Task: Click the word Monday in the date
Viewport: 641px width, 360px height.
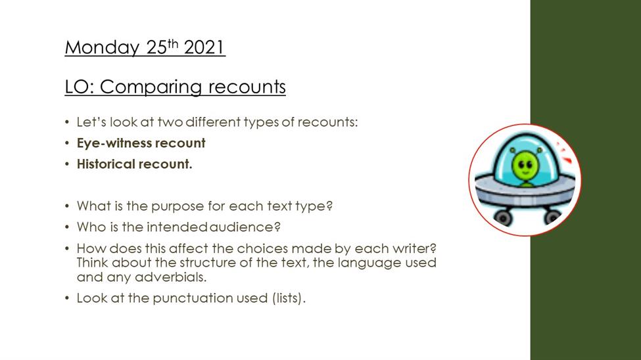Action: click(x=102, y=48)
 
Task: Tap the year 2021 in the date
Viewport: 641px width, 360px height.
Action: click(x=204, y=47)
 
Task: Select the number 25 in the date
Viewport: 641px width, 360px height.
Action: click(x=156, y=47)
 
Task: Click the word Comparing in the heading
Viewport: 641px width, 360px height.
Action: click(x=151, y=87)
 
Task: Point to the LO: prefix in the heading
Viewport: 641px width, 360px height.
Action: click(x=80, y=87)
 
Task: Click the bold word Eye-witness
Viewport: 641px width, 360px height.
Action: click(x=114, y=143)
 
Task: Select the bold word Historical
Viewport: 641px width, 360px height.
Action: click(x=105, y=164)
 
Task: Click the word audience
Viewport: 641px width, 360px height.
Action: click(x=245, y=227)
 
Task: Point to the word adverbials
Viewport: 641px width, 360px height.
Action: click(x=170, y=277)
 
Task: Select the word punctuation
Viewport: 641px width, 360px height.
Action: click(x=193, y=298)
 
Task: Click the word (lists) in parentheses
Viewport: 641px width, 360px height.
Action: click(x=288, y=298)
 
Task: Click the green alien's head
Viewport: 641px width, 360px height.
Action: click(x=525, y=165)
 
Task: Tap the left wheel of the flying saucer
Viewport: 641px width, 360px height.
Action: click(x=503, y=217)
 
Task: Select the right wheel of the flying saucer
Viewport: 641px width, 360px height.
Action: click(x=552, y=217)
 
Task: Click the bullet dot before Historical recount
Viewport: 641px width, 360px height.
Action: click(x=67, y=164)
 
